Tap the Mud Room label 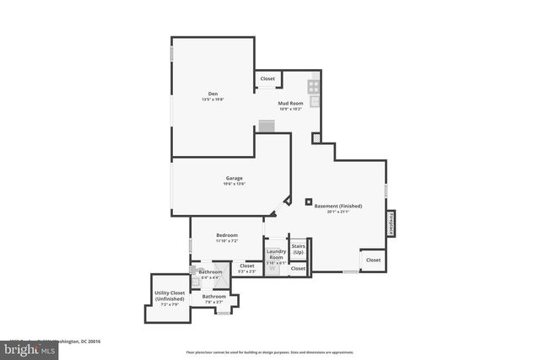tap(290, 103)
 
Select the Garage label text tap(234, 178)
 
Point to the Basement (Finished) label tap(337, 207)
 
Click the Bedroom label tap(226, 235)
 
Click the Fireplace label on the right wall tap(392, 223)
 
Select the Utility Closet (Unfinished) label tap(170, 296)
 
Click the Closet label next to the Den tap(267, 78)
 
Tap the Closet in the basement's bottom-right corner tap(373, 260)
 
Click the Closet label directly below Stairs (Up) tap(298, 268)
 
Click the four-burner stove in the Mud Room tap(314, 84)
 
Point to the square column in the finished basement tap(308, 201)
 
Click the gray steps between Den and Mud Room tap(267, 126)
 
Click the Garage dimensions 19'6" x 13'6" tap(234, 184)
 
